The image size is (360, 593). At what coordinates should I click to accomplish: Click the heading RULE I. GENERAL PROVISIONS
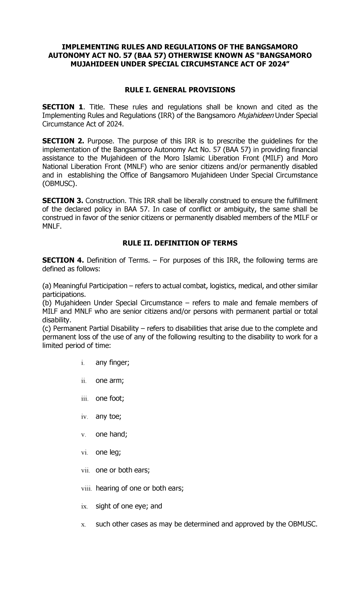pos(180,90)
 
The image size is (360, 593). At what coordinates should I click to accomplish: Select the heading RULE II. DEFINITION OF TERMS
pos(180,243)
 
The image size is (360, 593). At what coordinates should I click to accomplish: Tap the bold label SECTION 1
pos(62,107)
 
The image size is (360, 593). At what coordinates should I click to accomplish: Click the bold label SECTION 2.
pos(63,141)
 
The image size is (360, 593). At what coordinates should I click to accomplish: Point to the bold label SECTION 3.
pos(63,200)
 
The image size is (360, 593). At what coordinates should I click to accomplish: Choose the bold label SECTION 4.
pos(63,260)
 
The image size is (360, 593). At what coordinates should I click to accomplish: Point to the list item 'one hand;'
pos(111,435)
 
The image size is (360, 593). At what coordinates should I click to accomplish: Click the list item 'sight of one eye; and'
pos(128,506)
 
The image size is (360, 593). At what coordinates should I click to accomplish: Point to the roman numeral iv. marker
pos(84,417)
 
